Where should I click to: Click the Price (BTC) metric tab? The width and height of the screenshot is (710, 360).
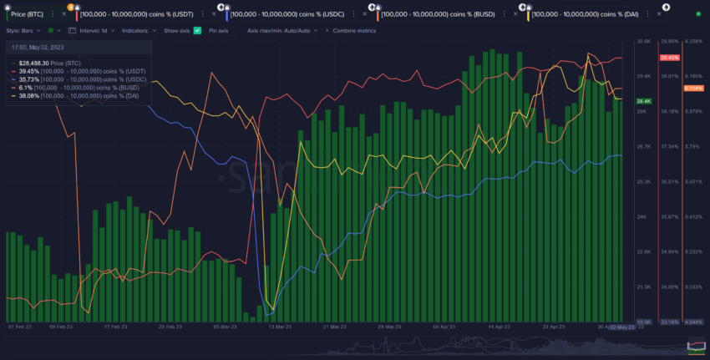click(x=28, y=14)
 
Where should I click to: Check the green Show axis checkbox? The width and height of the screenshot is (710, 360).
click(x=197, y=30)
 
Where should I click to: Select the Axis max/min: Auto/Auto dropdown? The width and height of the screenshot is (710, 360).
click(x=281, y=30)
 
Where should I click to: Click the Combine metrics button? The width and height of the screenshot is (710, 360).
click(x=352, y=30)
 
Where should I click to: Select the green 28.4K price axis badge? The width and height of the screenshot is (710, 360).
click(x=643, y=101)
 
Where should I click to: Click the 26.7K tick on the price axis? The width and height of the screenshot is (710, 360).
click(x=643, y=146)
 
